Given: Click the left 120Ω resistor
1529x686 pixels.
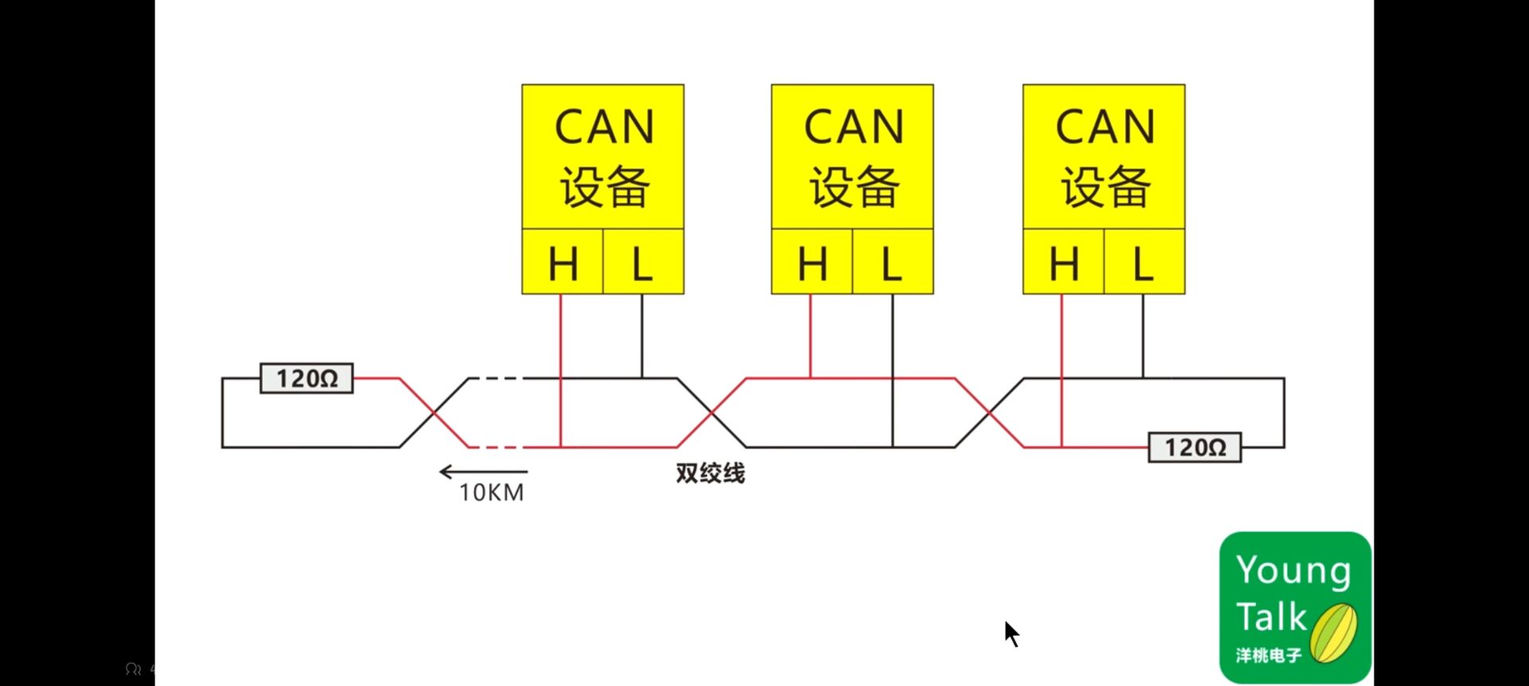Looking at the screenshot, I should (307, 378).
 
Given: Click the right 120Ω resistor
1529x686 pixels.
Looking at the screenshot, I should (1195, 448).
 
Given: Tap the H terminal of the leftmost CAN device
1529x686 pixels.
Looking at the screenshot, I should (562, 262).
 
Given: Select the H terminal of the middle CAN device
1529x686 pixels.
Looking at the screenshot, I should (811, 262).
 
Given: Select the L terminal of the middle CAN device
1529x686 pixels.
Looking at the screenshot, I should (893, 262).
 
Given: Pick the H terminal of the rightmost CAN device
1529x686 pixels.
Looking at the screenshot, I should (1063, 262).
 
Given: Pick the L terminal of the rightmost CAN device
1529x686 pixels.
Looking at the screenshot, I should (1144, 262).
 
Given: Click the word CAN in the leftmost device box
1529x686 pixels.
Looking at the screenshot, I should (604, 127).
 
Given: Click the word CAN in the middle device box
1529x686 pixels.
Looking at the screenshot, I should (854, 127).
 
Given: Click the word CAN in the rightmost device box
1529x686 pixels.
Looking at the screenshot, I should (1105, 127).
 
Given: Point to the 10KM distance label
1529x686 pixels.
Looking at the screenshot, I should (491, 492).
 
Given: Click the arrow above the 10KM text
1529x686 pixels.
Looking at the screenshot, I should (483, 472).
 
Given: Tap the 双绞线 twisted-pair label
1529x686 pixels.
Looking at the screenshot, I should (710, 473).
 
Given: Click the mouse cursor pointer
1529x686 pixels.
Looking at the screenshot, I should (1011, 633).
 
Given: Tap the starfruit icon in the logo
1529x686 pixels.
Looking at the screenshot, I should (1334, 633).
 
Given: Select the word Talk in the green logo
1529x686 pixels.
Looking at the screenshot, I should (1271, 617).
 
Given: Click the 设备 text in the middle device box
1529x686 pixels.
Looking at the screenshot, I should (854, 187).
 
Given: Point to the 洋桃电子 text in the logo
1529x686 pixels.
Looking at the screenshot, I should (1269, 656).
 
